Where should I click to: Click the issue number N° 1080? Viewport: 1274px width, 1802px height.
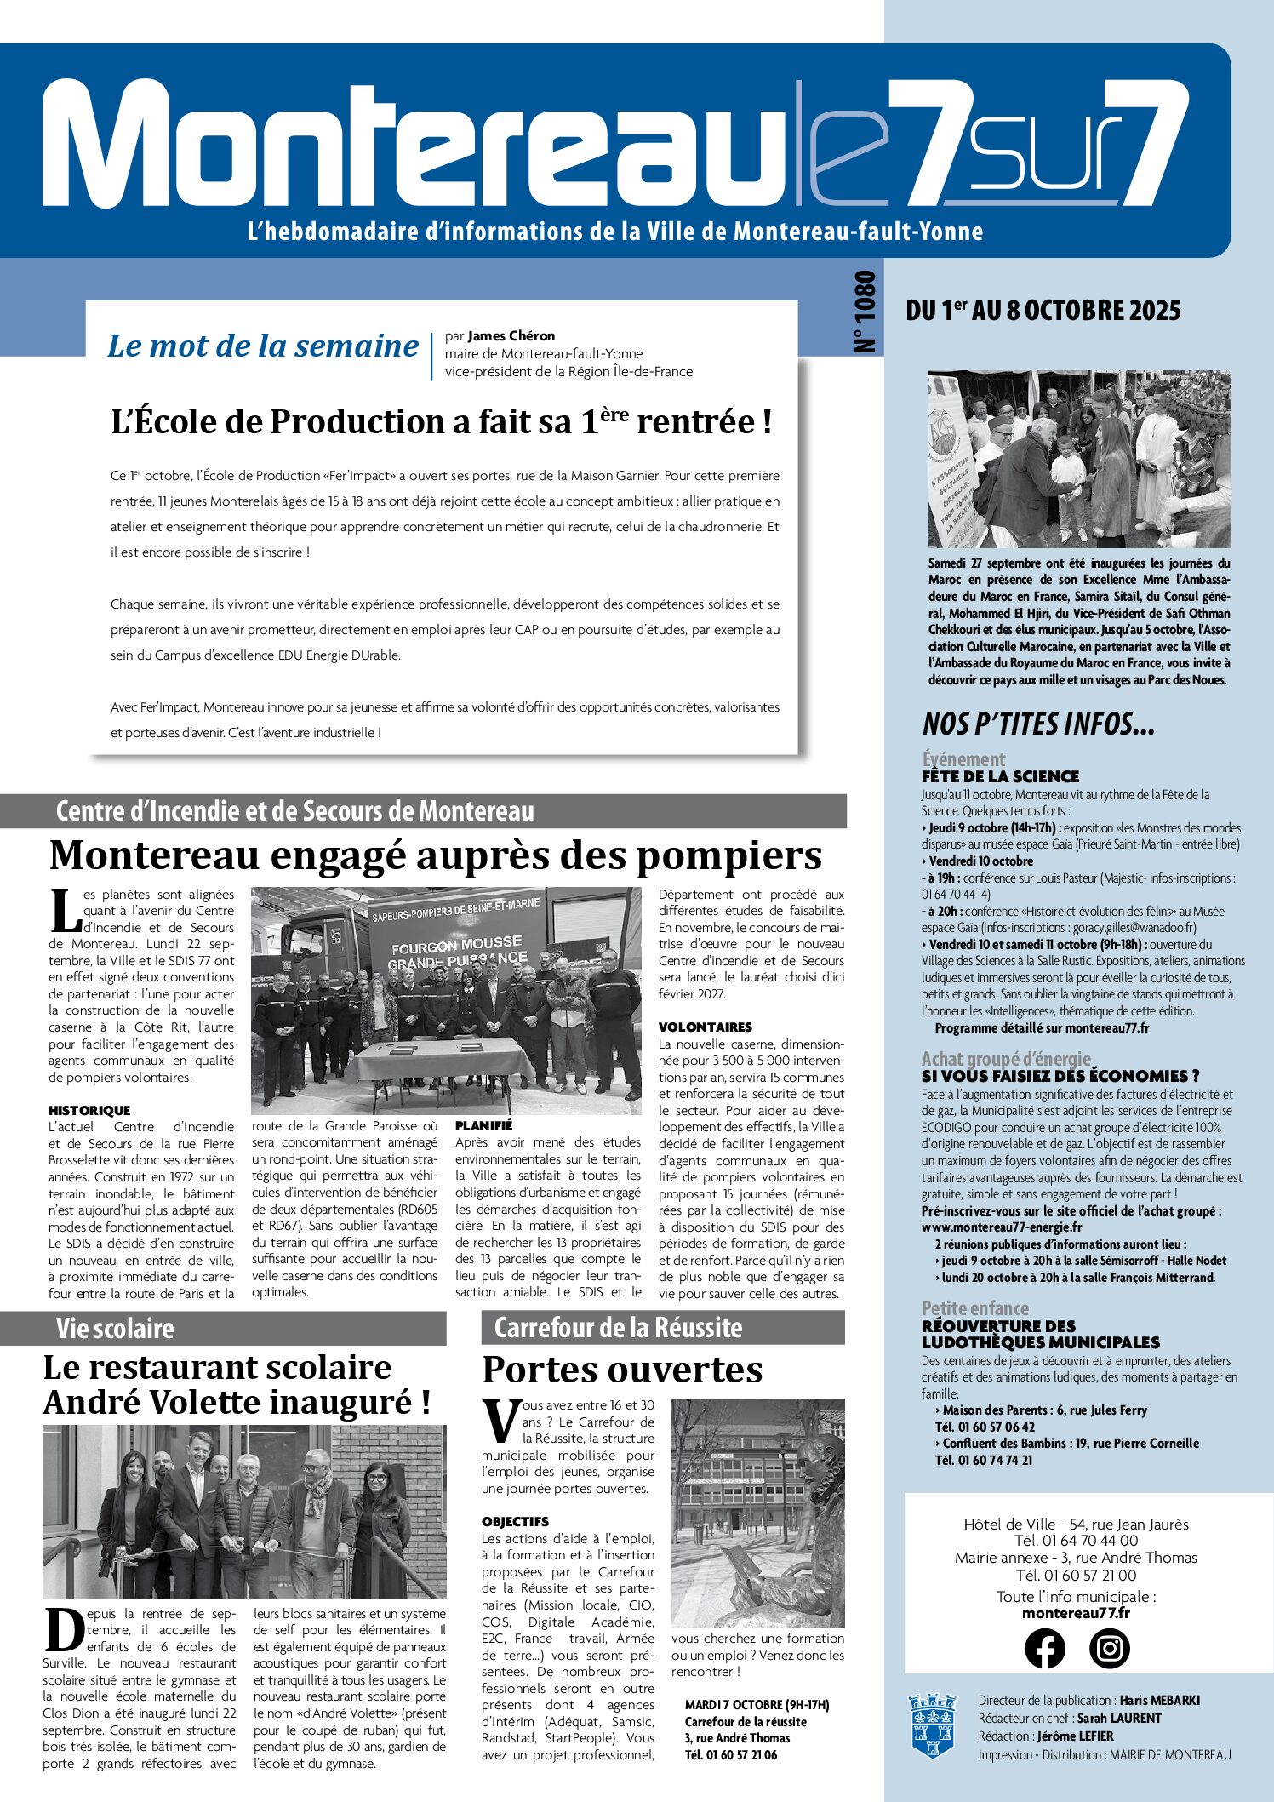pyautogui.click(x=865, y=312)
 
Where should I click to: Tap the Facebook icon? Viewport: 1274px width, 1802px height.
pyautogui.click(x=1044, y=1647)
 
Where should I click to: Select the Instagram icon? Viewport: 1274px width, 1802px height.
pyautogui.click(x=1109, y=1647)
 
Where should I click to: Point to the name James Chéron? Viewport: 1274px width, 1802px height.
pyautogui.click(x=511, y=336)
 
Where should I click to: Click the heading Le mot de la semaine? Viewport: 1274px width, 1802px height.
pyautogui.click(x=263, y=346)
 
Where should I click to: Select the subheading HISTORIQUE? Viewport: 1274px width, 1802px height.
pyautogui.click(x=89, y=1110)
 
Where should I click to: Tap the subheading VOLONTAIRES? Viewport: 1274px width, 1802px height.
pyautogui.click(x=706, y=1027)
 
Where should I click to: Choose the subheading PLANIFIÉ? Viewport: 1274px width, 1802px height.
pyautogui.click(x=484, y=1125)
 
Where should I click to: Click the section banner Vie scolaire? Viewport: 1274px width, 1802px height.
pyautogui.click(x=115, y=1328)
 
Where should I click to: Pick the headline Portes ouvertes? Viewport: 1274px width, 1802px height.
pyautogui.click(x=622, y=1370)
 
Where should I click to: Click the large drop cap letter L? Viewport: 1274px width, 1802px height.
pyautogui.click(x=65, y=911)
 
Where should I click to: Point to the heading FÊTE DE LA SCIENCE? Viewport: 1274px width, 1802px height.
pyautogui.click(x=1000, y=776)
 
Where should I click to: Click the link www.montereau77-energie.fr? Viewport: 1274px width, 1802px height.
pyautogui.click(x=1002, y=1227)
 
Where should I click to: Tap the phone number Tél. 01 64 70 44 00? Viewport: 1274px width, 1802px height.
pyautogui.click(x=1076, y=1540)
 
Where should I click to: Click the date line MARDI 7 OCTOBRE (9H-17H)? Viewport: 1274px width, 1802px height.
pyautogui.click(x=757, y=1704)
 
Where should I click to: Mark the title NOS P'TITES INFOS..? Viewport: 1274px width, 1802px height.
pyautogui.click(x=1038, y=724)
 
